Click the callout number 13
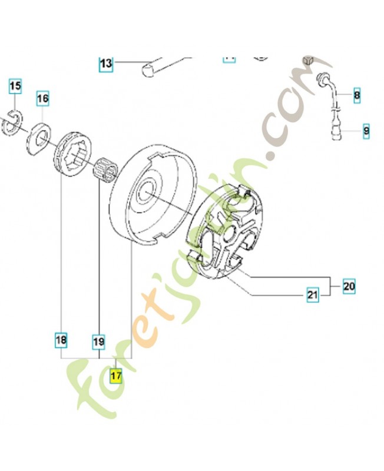(105, 64)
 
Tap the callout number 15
(15, 87)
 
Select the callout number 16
(42, 98)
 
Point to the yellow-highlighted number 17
(115, 375)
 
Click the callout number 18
(61, 340)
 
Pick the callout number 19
(98, 340)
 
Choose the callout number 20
(349, 287)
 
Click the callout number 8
(357, 94)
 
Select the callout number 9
(365, 130)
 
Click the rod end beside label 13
(147, 70)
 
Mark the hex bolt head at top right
(307, 60)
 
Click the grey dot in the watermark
(272, 156)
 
